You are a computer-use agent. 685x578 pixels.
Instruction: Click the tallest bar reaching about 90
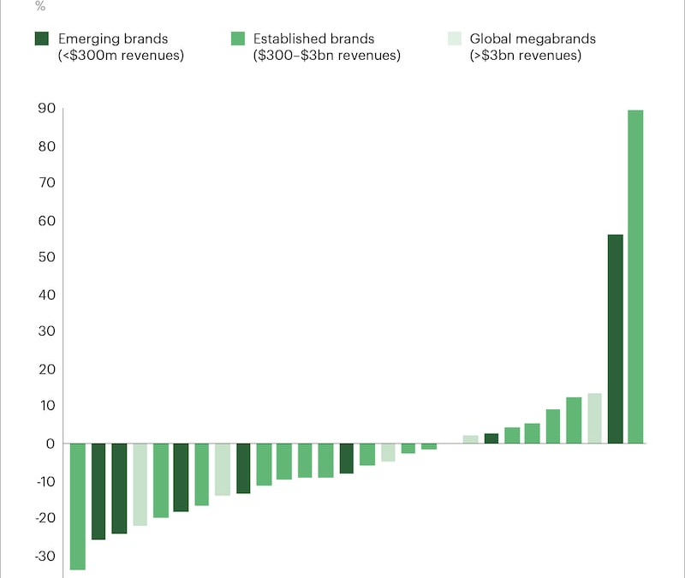635,276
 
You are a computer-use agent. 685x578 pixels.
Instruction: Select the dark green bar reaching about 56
615,338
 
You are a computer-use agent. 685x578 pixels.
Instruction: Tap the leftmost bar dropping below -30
78,506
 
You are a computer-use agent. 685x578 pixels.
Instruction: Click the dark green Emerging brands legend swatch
41,39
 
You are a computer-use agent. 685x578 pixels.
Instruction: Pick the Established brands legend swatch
239,39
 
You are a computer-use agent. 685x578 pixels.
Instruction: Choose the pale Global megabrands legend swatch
455,39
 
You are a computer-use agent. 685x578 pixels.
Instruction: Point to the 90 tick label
46,109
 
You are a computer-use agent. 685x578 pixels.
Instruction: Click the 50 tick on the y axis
46,258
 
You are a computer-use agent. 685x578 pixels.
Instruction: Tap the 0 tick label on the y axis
51,444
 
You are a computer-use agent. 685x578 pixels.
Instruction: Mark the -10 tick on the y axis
45,481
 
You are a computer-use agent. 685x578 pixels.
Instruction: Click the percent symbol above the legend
40,6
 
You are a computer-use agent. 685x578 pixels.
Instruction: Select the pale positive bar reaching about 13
594,418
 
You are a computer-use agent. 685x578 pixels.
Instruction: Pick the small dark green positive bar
491,438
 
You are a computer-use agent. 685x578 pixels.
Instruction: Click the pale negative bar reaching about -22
140,484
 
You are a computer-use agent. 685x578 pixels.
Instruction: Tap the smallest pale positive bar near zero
470,439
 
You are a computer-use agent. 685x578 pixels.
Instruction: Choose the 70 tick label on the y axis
46,183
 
